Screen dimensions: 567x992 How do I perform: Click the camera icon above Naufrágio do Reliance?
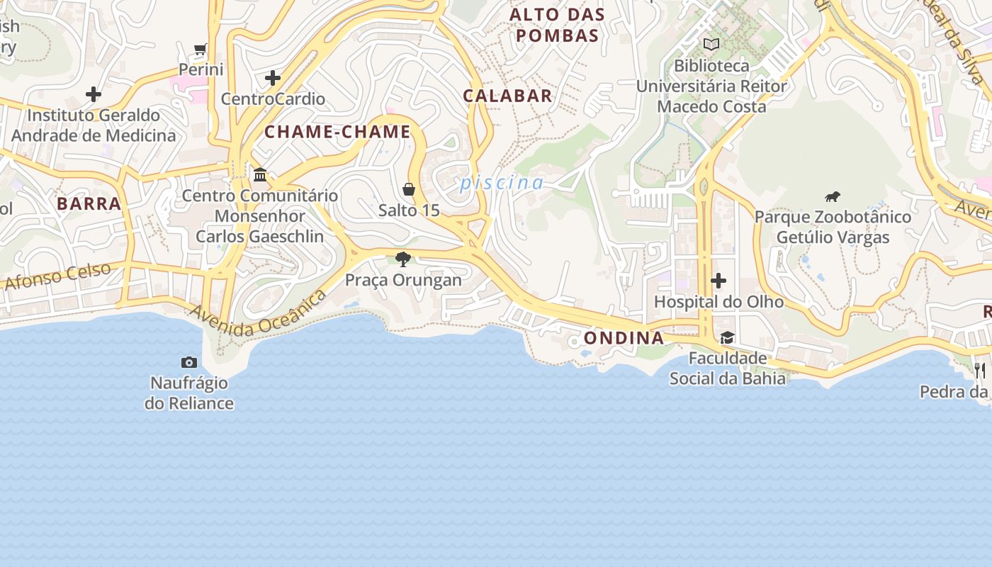(189, 363)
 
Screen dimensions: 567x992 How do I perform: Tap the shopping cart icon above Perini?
(201, 50)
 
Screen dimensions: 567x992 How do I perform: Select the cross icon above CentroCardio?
(273, 78)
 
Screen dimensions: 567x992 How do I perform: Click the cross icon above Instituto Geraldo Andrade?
(94, 94)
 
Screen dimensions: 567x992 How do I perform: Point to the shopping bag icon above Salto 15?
(409, 189)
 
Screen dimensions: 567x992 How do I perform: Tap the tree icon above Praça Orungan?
(403, 259)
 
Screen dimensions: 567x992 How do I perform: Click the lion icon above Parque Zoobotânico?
(833, 196)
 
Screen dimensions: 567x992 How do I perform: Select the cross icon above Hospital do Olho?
(718, 281)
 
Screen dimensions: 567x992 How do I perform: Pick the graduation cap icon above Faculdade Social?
(727, 337)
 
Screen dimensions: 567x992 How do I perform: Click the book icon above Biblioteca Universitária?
(711, 45)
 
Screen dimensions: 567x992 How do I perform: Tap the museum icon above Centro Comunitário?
(260, 174)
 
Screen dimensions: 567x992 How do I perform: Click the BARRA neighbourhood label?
(89, 204)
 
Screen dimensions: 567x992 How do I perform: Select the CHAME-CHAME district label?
(337, 132)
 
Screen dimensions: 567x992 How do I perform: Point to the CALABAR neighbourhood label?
(507, 96)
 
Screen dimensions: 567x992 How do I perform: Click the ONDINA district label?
(624, 338)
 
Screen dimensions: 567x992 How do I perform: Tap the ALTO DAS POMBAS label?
(558, 25)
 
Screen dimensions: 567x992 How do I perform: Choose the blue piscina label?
(502, 183)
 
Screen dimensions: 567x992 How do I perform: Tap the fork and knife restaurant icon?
(980, 369)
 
